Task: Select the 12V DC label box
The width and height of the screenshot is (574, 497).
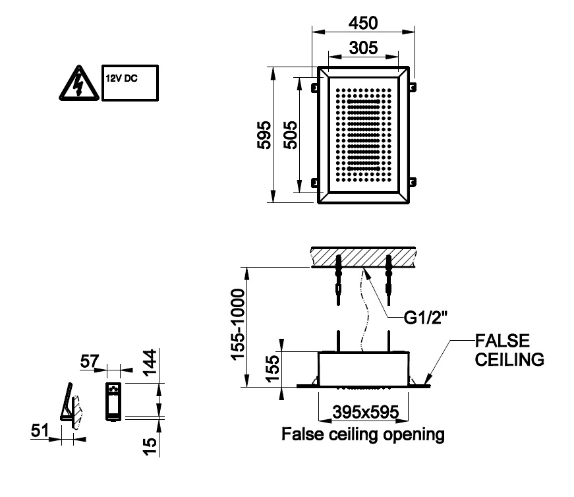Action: [130, 82]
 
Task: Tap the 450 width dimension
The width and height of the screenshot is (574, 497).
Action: [363, 23]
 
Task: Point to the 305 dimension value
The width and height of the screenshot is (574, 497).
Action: [363, 47]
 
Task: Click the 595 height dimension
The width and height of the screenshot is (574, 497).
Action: [264, 134]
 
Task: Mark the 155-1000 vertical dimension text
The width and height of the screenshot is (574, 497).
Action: [239, 326]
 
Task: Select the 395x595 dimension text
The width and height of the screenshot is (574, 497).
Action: [364, 412]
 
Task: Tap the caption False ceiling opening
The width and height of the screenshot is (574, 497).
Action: [363, 435]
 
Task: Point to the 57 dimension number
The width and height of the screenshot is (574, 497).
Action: [90, 361]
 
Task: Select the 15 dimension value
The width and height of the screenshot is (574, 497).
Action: [151, 444]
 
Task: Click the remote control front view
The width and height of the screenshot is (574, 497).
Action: [113, 401]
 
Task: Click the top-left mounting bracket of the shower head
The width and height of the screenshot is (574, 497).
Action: [314, 86]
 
